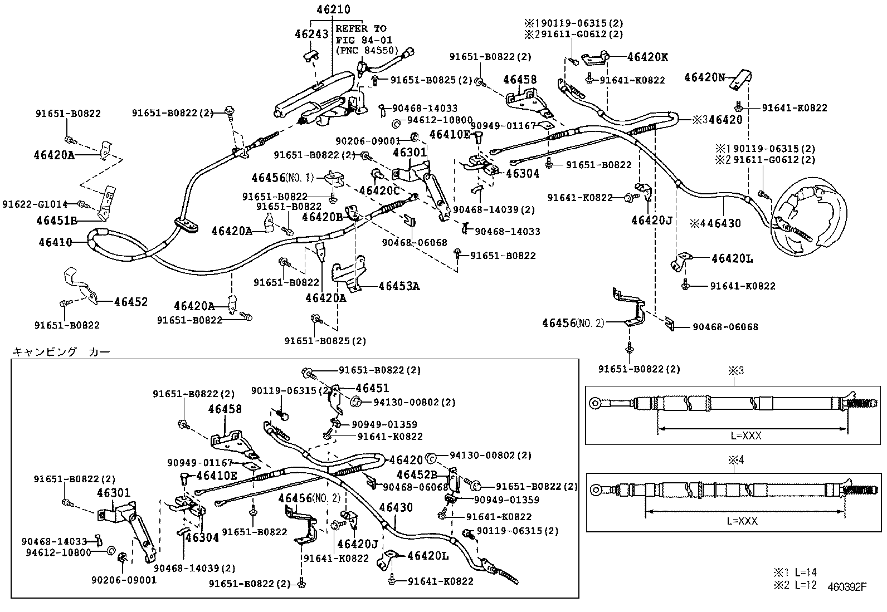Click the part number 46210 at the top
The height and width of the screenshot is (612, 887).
[333, 9]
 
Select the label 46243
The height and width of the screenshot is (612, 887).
[311, 34]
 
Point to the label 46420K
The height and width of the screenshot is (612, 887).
[647, 57]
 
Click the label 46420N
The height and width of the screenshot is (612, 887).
[705, 78]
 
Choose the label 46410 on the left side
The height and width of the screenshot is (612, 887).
[55, 242]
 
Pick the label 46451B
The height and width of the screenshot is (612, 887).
[57, 220]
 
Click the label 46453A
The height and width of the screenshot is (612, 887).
[399, 286]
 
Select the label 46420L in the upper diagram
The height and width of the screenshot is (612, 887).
[732, 258]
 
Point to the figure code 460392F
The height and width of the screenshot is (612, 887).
[847, 586]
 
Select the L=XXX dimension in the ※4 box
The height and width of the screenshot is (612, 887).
[742, 521]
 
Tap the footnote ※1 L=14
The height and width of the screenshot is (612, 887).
[794, 572]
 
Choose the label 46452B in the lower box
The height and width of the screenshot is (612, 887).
[417, 474]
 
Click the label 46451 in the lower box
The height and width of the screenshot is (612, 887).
[372, 388]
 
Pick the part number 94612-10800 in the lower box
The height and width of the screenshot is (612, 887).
[58, 552]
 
